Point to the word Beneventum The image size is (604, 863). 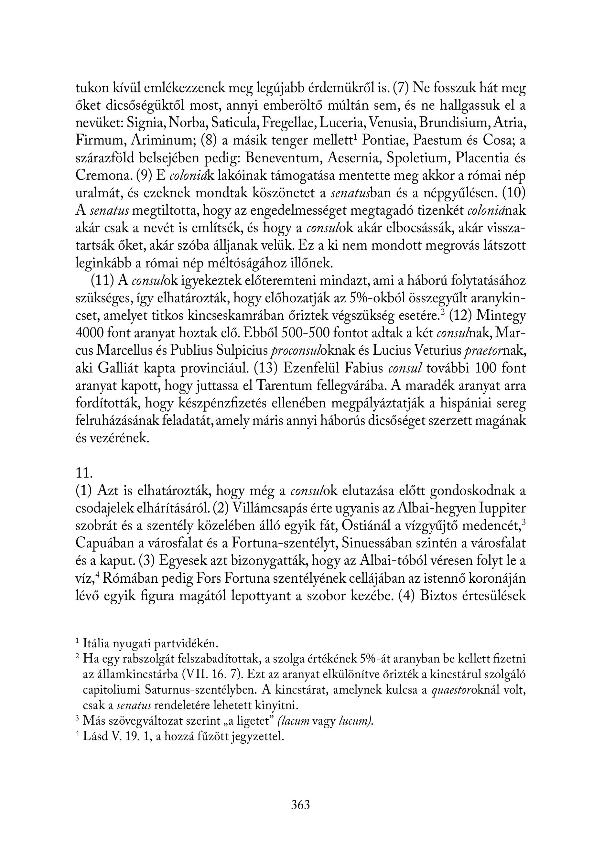pos(284,158)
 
